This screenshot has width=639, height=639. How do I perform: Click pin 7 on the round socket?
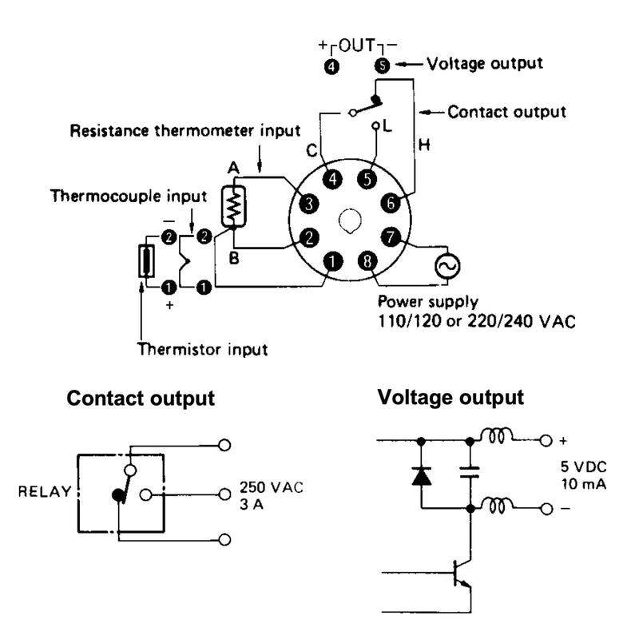click(389, 236)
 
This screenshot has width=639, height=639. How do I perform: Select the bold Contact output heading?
click(141, 399)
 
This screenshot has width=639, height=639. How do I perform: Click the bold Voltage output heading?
click(450, 397)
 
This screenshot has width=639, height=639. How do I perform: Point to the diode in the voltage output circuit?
click(420, 477)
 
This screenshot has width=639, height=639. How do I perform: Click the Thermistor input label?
click(202, 349)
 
